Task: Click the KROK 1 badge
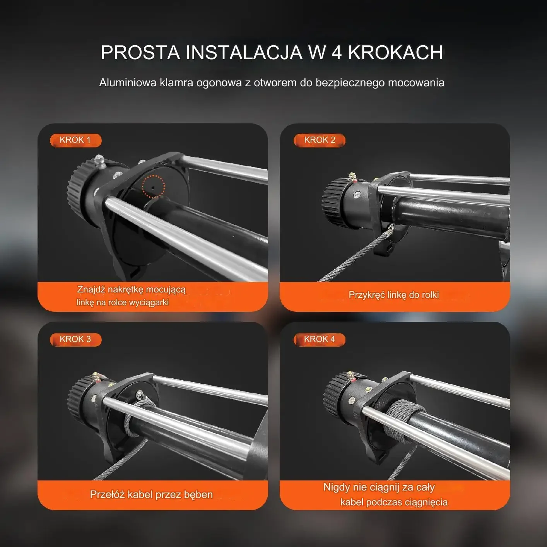(x=75, y=140)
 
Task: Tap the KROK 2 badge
(x=320, y=140)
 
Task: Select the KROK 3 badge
(x=75, y=339)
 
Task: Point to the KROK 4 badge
(x=320, y=339)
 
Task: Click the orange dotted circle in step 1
(x=153, y=186)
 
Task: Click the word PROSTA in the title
(x=140, y=53)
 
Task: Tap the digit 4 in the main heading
(x=337, y=53)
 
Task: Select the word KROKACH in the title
(x=395, y=53)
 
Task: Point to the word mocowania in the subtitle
(x=416, y=83)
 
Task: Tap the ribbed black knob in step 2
(x=335, y=203)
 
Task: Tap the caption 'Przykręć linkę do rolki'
(x=394, y=295)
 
